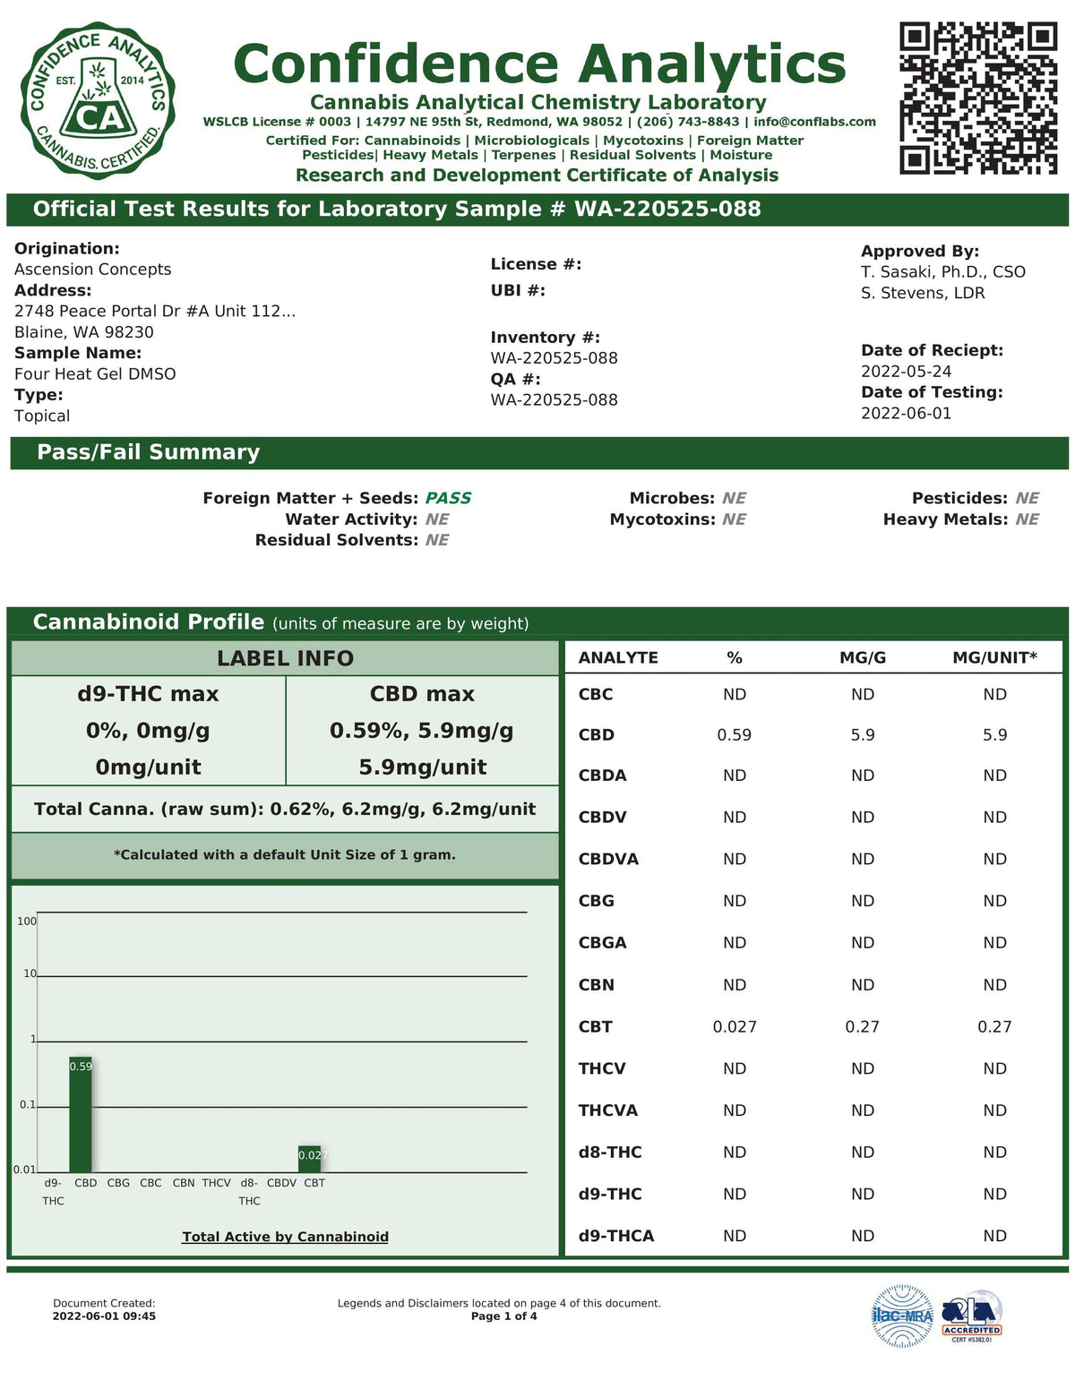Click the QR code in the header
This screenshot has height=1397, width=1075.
978,98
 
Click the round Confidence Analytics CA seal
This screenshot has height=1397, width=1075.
98,101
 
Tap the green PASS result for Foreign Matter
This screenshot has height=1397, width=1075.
448,498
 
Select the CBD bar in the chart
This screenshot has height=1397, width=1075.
81,1114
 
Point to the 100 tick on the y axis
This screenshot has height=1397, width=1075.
27,921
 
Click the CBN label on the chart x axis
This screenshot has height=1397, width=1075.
184,1183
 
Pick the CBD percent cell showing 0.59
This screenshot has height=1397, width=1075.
735,735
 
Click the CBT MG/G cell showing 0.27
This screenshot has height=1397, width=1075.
862,1027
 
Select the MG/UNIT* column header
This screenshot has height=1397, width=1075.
994,658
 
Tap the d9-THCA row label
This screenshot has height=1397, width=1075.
616,1236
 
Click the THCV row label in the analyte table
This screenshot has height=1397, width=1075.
602,1068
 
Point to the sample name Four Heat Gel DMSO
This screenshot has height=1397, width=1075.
95,374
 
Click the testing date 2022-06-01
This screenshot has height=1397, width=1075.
906,414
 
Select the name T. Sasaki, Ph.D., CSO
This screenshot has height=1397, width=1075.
942,272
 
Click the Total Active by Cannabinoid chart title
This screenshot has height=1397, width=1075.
285,1237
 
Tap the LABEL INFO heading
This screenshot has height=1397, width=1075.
285,659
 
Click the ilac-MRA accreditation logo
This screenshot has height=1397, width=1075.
902,1316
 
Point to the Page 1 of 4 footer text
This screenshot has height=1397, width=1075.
503,1316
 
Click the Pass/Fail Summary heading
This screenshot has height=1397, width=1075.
149,453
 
